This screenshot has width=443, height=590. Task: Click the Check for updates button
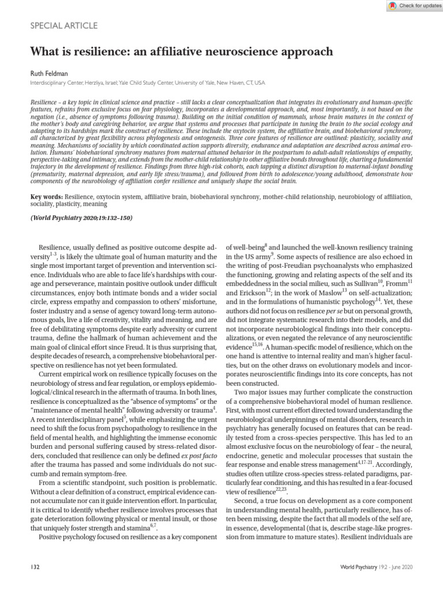[x=410, y=5]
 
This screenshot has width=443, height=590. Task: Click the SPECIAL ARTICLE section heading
[x=63, y=26]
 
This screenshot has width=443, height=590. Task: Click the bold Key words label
[x=46, y=197]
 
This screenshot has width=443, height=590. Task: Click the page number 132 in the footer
[x=34, y=568]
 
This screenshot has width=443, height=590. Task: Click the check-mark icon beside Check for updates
[x=392, y=5]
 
